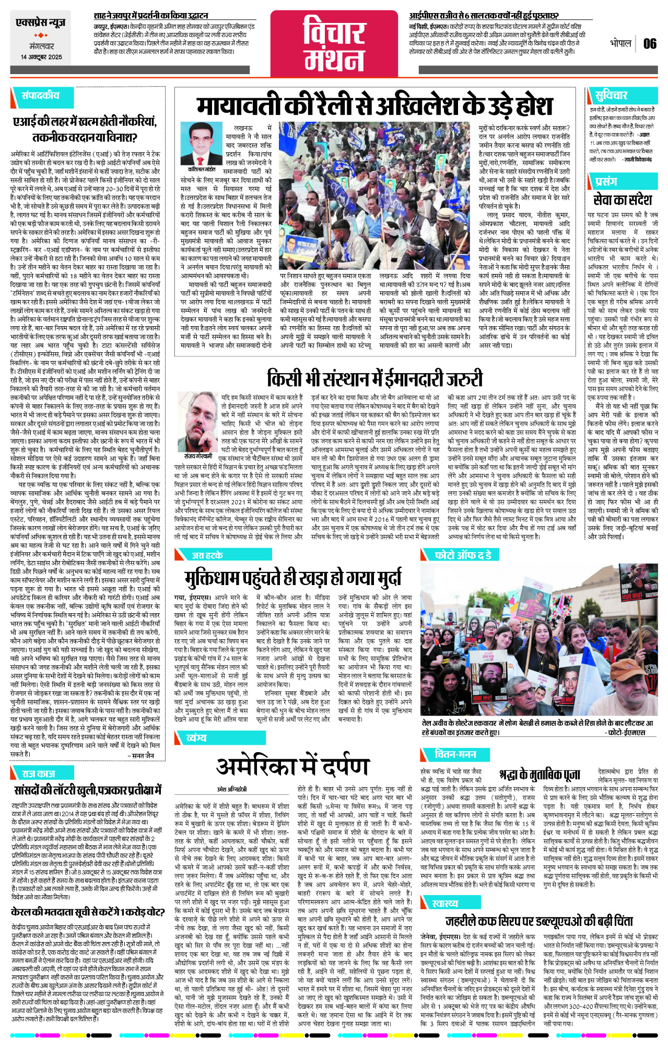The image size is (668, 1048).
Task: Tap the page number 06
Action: coord(650,44)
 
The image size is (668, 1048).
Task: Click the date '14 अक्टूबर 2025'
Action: coord(41,57)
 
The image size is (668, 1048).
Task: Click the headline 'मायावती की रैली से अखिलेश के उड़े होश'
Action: coord(374,106)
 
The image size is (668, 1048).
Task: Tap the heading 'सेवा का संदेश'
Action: coord(623,200)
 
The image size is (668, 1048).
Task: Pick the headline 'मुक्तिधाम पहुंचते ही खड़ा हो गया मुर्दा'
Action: coord(293,578)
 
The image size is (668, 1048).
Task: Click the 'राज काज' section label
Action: coord(39,773)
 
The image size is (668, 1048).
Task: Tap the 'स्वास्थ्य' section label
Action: coord(445,903)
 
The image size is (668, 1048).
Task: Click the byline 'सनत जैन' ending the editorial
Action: coord(143,755)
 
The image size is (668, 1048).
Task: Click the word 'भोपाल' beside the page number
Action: coord(620,43)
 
